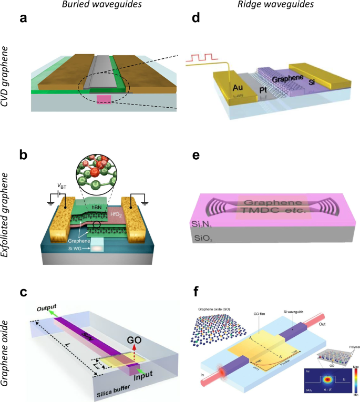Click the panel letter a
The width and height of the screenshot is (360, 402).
pos(23,19)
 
